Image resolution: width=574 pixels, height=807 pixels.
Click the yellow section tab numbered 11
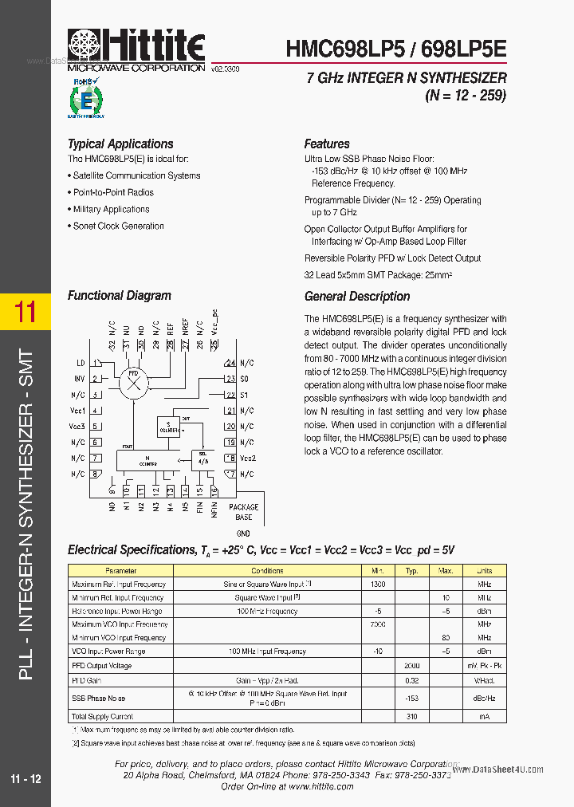(26, 311)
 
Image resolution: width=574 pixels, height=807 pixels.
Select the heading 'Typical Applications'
(120, 144)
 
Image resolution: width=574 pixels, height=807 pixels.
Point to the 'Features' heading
(327, 144)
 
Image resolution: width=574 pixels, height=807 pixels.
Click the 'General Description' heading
(357, 297)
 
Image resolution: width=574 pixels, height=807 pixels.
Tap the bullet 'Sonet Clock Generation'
(118, 226)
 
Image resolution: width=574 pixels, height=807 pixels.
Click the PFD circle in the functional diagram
(133, 383)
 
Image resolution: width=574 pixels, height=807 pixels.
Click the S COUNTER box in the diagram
(169, 425)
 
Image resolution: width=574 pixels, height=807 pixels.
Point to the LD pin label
(80, 363)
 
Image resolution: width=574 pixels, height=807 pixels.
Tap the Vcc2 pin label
(247, 459)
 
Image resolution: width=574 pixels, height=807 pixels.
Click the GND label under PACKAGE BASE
(243, 533)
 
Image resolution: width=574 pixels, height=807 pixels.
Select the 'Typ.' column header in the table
(411, 571)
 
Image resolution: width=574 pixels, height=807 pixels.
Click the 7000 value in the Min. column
(378, 624)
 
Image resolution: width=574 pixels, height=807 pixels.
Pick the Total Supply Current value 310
(411, 717)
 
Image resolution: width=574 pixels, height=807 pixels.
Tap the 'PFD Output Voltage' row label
(102, 666)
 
